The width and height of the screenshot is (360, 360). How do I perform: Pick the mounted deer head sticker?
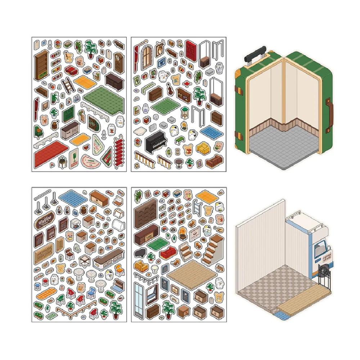[160, 49]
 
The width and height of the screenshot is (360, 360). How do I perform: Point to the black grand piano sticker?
[140, 253]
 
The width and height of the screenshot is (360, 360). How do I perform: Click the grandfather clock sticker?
[118, 61]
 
